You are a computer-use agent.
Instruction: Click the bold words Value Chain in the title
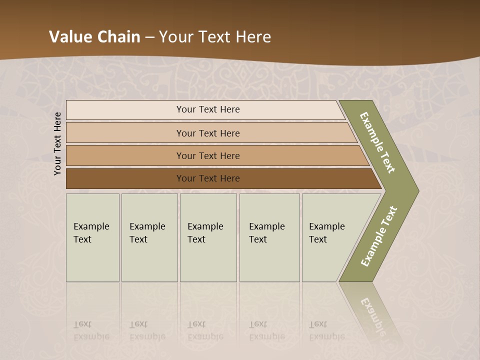point(94,37)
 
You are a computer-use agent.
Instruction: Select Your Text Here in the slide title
point(215,37)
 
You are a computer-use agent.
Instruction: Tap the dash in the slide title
point(149,37)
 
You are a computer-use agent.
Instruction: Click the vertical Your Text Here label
point(57,143)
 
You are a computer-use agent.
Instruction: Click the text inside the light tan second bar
point(207,133)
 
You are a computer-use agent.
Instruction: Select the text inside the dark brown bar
point(207,178)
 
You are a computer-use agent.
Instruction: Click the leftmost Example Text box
point(92,237)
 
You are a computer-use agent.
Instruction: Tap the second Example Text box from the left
point(149,237)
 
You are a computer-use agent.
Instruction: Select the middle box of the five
point(207,237)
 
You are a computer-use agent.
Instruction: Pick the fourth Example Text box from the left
point(269,237)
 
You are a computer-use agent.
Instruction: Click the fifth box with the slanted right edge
point(330,237)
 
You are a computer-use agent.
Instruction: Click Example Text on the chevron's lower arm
point(378,236)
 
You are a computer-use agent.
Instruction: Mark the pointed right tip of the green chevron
point(417,190)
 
